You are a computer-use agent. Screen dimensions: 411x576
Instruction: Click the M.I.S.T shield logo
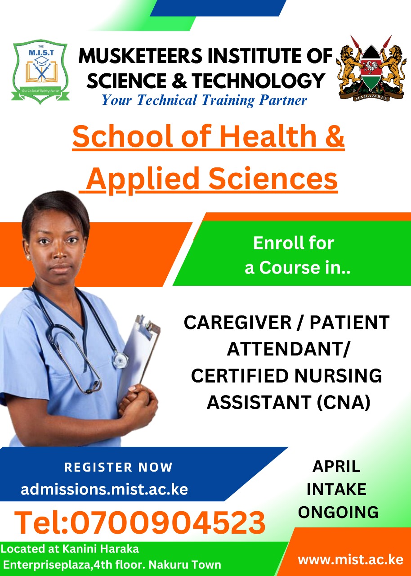pyautogui.click(x=40, y=72)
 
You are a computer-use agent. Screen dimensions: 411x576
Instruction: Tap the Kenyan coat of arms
pyautogui.click(x=371, y=68)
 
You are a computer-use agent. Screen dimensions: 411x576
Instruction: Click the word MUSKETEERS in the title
pyautogui.click(x=140, y=56)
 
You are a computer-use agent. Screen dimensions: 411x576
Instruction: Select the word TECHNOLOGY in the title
pyautogui.click(x=259, y=81)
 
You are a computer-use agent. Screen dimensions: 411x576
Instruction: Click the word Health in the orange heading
pyautogui.click(x=268, y=136)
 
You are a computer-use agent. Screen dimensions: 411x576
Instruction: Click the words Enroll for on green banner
pyautogui.click(x=294, y=243)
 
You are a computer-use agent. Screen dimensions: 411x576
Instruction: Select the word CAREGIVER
pyautogui.click(x=237, y=323)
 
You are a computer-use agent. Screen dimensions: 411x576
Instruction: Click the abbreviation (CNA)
pyautogui.click(x=344, y=402)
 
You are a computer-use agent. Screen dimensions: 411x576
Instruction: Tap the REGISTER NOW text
pyautogui.click(x=118, y=467)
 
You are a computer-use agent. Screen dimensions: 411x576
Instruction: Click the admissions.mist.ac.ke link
pyautogui.click(x=104, y=489)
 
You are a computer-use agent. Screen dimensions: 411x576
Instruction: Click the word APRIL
pyautogui.click(x=336, y=467)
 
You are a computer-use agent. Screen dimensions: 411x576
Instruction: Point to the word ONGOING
pyautogui.click(x=338, y=512)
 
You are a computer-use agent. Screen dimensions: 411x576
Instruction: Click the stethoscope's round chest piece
pyautogui.click(x=121, y=358)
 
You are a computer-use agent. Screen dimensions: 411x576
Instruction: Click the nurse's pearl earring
pyautogui.click(x=28, y=257)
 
